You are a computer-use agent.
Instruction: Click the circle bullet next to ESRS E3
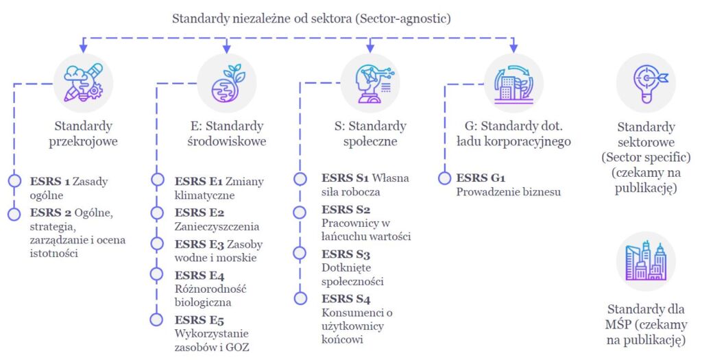(x=157, y=243)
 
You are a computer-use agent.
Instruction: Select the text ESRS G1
(x=481, y=178)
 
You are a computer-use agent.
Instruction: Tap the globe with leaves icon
(x=226, y=84)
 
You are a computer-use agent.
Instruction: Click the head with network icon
(x=370, y=84)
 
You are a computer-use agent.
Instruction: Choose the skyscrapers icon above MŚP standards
(x=646, y=261)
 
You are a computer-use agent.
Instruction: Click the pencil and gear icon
(x=83, y=83)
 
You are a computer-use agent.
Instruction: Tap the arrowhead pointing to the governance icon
(x=513, y=48)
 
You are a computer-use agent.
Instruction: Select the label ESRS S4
(x=346, y=299)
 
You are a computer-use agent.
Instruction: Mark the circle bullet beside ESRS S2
(x=300, y=212)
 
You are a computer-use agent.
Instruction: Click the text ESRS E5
(x=199, y=320)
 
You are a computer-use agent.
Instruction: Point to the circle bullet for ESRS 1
(x=14, y=181)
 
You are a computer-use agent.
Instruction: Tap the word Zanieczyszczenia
(x=217, y=226)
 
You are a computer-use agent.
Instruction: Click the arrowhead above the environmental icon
(x=226, y=48)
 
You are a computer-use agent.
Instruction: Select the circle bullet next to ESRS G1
(x=444, y=178)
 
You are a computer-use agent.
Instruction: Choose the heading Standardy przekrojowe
(x=83, y=134)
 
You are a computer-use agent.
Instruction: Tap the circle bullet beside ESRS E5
(x=157, y=320)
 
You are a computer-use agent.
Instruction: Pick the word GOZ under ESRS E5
(x=238, y=347)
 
